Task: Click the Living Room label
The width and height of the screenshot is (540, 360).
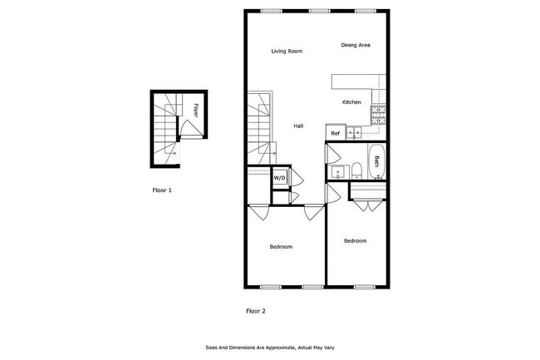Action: (287, 52)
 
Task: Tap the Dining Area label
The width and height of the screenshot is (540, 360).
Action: (355, 45)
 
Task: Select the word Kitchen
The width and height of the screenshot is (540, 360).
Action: (351, 102)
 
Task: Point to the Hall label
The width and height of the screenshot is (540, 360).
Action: (298, 126)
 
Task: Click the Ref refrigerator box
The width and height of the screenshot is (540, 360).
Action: (336, 133)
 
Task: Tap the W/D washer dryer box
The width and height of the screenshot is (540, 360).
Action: (280, 177)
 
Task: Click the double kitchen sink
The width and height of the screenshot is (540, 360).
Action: (354, 132)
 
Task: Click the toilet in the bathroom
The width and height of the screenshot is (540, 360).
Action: (356, 173)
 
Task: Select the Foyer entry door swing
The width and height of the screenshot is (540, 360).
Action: (189, 129)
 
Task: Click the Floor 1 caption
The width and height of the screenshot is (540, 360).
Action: (162, 190)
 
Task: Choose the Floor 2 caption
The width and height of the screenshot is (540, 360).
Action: (255, 311)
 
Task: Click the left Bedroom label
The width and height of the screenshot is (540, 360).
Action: (281, 246)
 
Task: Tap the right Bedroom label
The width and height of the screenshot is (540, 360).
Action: (355, 240)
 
